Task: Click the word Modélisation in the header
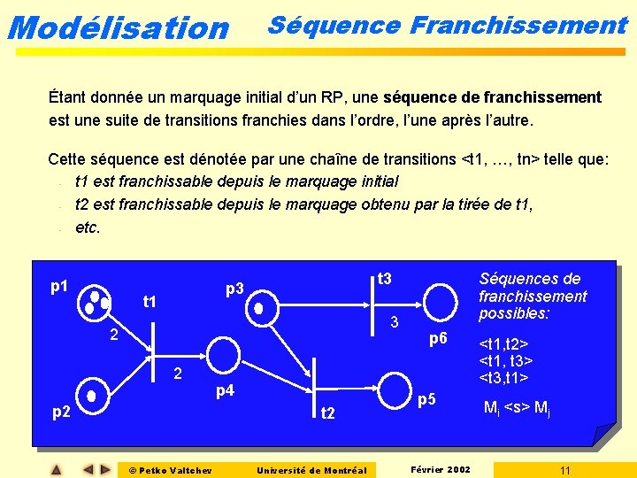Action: pos(118,27)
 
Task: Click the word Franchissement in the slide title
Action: pos(519,24)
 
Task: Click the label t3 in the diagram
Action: pos(384,280)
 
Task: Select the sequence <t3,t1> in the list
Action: pos(504,377)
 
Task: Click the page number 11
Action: pos(564,469)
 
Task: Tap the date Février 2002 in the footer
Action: pos(441,468)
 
